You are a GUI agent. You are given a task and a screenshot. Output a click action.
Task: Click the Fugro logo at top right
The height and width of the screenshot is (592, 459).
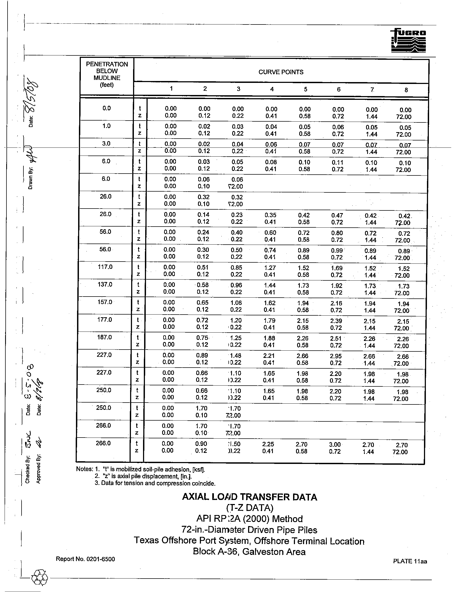409,41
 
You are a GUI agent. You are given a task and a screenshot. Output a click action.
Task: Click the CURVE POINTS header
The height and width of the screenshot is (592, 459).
281,72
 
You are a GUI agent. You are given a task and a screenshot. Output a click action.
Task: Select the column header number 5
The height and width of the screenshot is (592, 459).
305,89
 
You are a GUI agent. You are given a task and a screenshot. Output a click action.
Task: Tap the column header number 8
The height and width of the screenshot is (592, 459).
406,90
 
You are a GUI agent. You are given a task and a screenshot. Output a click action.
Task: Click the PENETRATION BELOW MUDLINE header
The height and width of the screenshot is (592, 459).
107,74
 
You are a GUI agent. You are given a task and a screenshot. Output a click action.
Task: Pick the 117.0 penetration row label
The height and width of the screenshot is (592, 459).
105,267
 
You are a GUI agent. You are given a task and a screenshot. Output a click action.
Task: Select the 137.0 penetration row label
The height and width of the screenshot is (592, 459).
105,285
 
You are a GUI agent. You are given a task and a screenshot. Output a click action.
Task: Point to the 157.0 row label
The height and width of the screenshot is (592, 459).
105,302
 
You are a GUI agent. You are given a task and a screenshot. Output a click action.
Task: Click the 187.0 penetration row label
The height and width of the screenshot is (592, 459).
105,337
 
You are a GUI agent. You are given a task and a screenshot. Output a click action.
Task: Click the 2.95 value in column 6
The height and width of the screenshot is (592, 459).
336,356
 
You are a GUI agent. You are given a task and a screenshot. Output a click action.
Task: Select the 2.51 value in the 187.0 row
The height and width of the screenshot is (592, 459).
336,339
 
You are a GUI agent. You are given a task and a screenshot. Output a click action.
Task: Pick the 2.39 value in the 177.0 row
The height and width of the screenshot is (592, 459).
336,321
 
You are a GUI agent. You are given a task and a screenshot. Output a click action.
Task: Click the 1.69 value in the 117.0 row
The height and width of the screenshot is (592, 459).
337,268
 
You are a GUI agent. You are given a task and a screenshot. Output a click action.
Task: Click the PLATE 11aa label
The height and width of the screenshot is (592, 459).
410,561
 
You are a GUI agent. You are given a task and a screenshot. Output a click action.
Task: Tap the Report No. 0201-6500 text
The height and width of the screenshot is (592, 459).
85,559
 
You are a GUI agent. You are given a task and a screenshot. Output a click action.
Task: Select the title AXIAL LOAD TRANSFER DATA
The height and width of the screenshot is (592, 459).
250,497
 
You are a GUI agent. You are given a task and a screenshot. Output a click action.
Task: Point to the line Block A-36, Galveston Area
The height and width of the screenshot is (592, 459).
249,552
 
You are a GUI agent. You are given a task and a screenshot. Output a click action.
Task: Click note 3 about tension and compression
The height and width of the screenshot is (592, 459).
155,483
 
